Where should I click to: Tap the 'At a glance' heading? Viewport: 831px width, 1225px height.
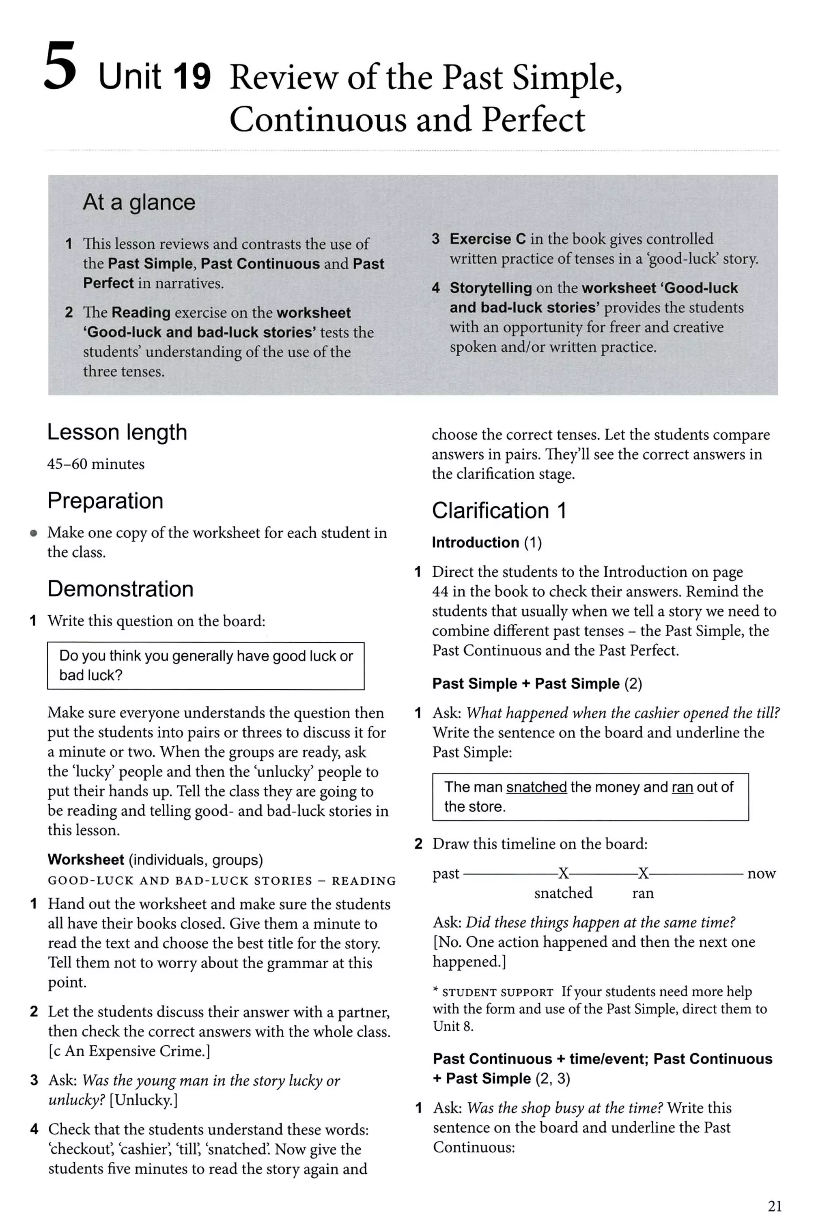[x=139, y=202]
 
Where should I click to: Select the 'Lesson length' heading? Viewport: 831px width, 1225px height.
[x=117, y=432]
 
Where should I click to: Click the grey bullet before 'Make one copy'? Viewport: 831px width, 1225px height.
[x=34, y=533]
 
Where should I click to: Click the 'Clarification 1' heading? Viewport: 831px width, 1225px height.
[x=499, y=511]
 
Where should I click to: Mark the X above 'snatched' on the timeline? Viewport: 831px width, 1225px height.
[x=563, y=873]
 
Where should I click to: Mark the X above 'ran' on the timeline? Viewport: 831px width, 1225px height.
[x=643, y=873]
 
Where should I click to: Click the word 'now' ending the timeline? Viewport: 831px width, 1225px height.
[x=761, y=873]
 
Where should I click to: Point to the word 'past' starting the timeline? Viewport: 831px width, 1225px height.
[x=446, y=873]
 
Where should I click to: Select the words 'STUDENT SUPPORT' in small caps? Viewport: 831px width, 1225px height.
[x=497, y=992]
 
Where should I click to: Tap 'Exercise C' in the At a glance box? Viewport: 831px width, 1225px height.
[x=487, y=239]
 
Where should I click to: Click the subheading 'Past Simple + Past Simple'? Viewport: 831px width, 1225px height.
[x=526, y=683]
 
